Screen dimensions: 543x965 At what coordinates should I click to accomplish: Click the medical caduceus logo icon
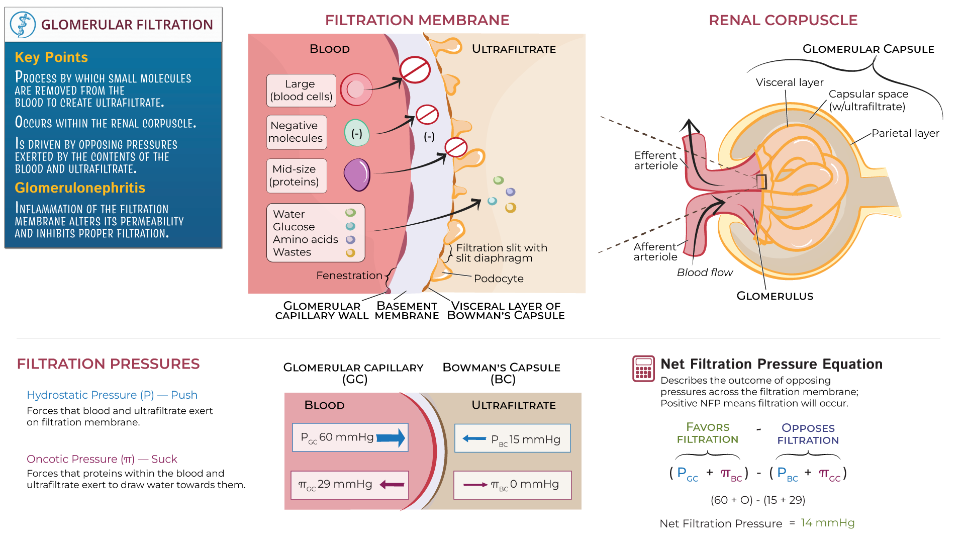tap(23, 25)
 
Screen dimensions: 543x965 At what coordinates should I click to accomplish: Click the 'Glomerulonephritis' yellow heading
tap(80, 188)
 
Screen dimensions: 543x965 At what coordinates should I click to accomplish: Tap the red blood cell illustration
tap(356, 89)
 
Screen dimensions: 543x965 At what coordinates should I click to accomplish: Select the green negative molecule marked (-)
tap(357, 133)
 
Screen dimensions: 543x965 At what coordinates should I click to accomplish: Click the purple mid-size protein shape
tap(357, 175)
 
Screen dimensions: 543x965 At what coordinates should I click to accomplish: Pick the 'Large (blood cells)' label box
tap(301, 90)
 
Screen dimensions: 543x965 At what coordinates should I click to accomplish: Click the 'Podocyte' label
tap(498, 279)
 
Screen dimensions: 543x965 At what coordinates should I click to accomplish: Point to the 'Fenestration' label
tap(349, 276)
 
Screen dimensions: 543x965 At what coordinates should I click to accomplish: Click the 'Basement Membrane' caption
tap(407, 311)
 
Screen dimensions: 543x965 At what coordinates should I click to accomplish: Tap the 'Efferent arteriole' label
tap(655, 160)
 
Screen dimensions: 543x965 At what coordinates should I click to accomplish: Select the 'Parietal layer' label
tap(905, 133)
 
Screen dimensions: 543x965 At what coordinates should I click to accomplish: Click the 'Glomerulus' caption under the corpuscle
tap(775, 296)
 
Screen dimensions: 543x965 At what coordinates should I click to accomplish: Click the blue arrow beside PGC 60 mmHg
tap(391, 437)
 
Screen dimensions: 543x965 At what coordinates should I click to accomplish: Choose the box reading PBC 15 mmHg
tap(512, 438)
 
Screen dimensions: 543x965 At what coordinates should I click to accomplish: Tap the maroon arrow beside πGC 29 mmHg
tap(392, 485)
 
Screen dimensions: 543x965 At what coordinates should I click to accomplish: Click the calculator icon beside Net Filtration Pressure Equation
tap(643, 369)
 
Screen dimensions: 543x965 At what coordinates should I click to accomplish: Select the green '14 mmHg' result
tap(827, 523)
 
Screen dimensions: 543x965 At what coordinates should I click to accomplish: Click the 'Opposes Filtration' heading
tap(808, 434)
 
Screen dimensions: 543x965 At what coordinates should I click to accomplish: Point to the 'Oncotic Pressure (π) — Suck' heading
tap(102, 459)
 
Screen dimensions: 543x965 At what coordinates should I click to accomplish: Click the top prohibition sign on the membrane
tap(415, 70)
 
